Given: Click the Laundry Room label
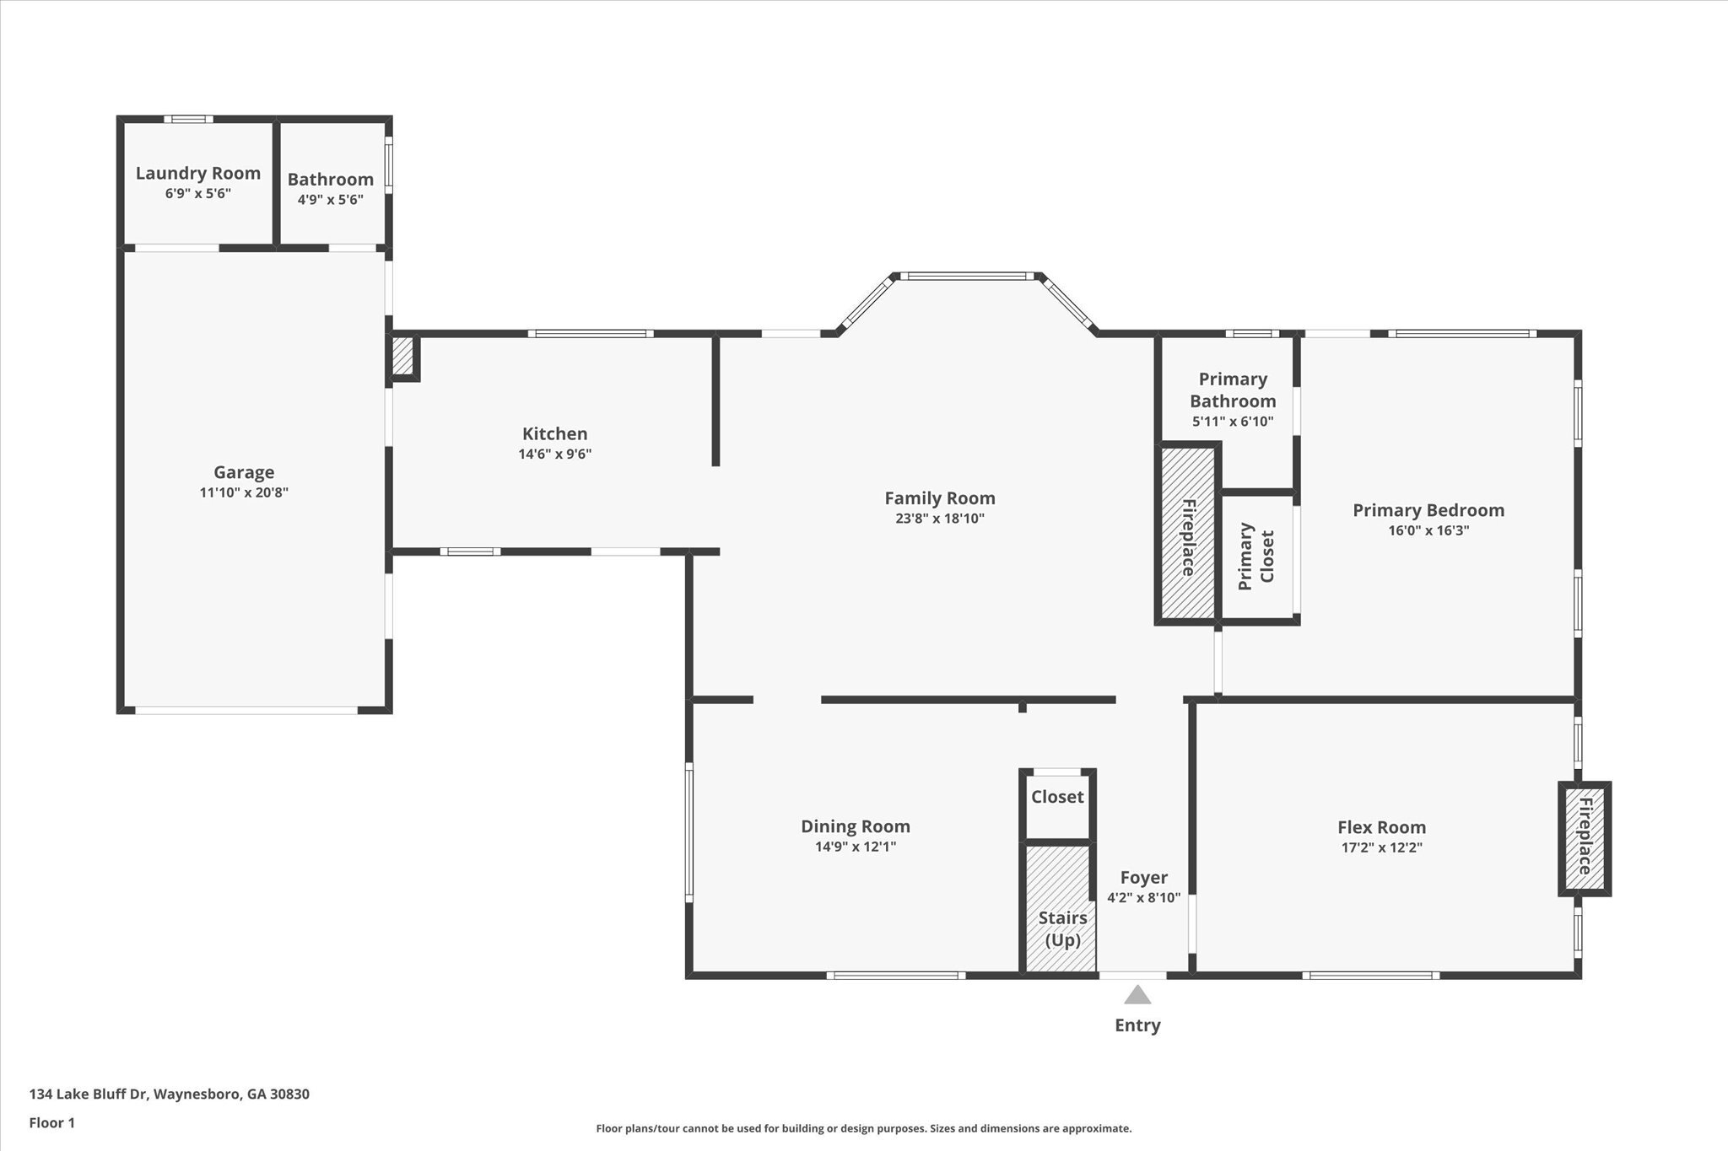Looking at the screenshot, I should tap(197, 173).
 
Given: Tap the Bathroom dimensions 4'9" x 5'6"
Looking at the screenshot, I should tap(330, 200).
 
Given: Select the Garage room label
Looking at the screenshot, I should tap(244, 472).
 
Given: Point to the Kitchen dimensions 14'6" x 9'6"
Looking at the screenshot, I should tap(554, 454).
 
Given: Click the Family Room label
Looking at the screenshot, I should tap(939, 498).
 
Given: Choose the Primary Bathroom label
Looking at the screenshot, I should tap(1232, 390).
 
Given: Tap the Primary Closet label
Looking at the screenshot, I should tap(1255, 556).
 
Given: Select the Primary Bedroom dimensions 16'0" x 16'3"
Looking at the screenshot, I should tap(1428, 530).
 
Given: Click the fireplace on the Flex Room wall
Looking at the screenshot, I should tap(1584, 837).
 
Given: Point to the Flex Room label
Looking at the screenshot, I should tap(1381, 827).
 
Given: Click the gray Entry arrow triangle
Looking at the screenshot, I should tap(1137, 996).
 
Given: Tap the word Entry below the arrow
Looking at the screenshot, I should tap(1137, 1025).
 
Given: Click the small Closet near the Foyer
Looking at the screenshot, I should tap(1057, 797).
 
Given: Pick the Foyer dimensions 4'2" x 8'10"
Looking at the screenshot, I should tap(1143, 898).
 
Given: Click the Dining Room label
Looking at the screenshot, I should tap(855, 826).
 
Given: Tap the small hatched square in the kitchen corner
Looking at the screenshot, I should tap(403, 356).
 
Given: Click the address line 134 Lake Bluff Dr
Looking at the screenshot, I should tap(169, 1095).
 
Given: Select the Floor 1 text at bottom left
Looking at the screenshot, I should tap(52, 1123).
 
